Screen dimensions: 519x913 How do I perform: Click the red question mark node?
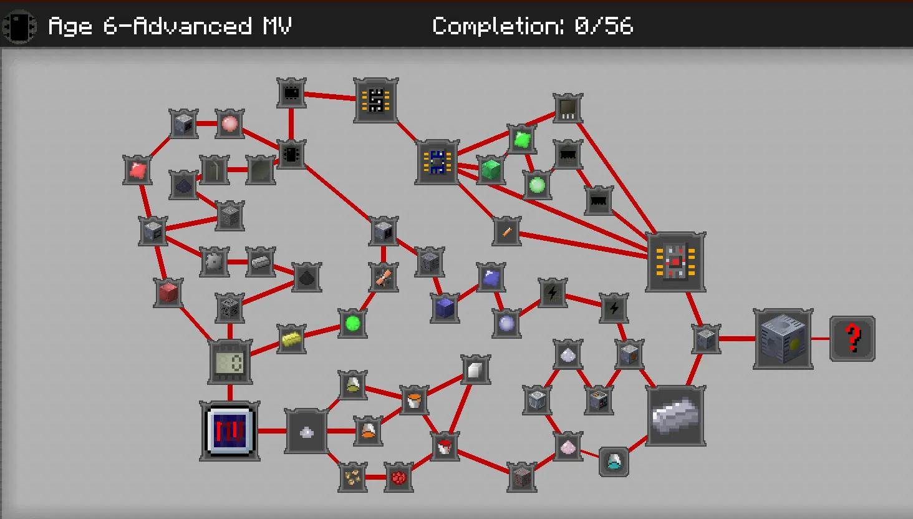[x=853, y=339]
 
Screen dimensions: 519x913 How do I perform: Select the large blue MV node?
[x=230, y=431]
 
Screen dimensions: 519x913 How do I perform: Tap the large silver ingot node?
[x=676, y=415]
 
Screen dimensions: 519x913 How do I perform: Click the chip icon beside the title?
[x=19, y=27]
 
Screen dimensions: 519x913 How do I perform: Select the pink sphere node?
[x=229, y=124]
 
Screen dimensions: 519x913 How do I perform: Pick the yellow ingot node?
[x=291, y=339]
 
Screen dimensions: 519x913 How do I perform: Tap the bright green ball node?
[x=353, y=323]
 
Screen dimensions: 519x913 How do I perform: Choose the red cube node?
[x=168, y=293]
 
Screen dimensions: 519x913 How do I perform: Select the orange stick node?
[x=507, y=231]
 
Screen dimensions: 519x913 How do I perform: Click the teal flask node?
[x=614, y=462]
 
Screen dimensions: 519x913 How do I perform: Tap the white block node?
[x=475, y=370]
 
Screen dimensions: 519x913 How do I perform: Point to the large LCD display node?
[x=230, y=362]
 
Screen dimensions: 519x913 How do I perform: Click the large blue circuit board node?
[x=437, y=162]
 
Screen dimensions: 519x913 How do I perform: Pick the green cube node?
[x=491, y=169]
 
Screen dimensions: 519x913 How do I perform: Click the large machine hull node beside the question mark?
[x=783, y=339]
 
